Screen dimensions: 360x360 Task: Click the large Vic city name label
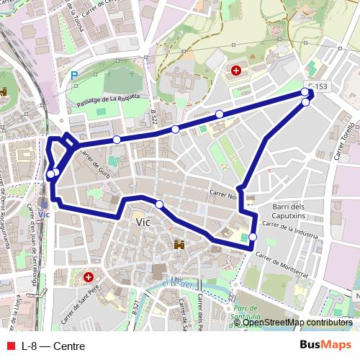click(143, 222)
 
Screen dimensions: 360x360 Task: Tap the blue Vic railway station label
click(43, 215)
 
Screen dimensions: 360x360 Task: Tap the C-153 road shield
click(317, 86)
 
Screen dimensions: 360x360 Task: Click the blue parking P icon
click(74, 73)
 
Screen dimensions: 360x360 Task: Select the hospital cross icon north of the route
click(236, 70)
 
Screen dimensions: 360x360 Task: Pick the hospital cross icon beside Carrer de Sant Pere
click(89, 276)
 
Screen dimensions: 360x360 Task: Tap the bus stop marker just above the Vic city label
click(159, 204)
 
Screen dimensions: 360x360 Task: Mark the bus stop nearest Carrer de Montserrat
click(253, 236)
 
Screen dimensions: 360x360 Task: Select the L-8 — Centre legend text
click(53, 346)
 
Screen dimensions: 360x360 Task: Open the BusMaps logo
click(326, 345)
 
